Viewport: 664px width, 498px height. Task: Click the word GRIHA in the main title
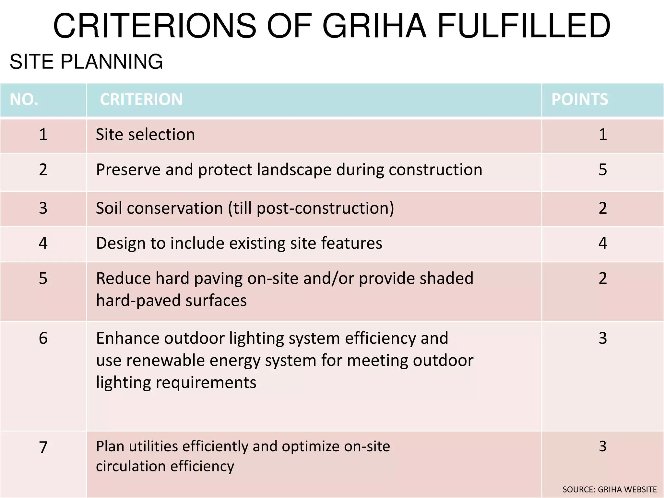[374, 26]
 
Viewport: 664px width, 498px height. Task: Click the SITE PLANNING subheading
[86, 62]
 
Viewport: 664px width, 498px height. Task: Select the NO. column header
[24, 99]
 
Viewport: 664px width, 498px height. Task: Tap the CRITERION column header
[141, 99]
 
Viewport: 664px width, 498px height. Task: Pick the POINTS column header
[580, 99]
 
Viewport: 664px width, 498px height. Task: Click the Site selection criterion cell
[146, 135]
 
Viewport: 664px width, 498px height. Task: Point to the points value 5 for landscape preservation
[602, 170]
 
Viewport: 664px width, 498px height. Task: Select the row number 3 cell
[43, 208]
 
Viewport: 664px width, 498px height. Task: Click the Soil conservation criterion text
[245, 208]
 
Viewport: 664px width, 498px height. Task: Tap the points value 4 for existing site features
[602, 243]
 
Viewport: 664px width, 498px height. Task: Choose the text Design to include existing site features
[239, 243]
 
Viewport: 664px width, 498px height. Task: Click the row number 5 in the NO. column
[43, 279]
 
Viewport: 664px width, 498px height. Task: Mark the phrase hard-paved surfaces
[172, 301]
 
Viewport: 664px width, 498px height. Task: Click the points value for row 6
[602, 338]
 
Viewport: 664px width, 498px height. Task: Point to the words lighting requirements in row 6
[176, 383]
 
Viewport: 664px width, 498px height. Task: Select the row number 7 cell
[43, 447]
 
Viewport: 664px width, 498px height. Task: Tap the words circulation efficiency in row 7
[165, 466]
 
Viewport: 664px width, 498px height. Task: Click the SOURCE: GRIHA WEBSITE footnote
[610, 489]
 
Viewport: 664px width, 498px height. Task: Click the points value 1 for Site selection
[602, 135]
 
